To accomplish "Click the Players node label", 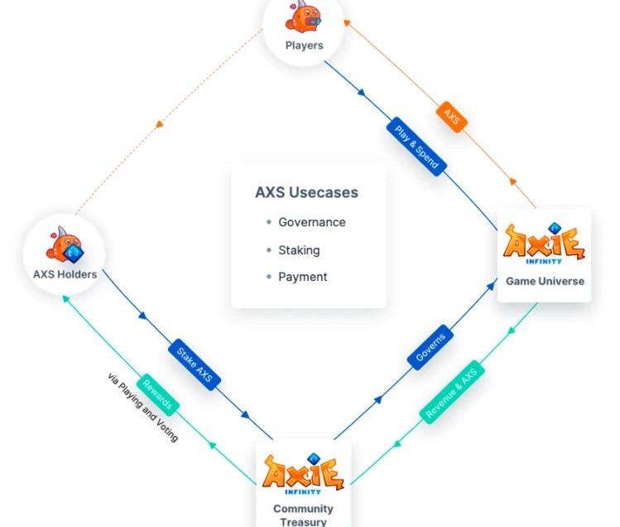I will pos(304,45).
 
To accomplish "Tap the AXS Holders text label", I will pos(65,274).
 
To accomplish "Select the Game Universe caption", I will pos(545,281).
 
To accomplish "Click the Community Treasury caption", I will pos(303,515).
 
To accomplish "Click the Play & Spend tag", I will pos(416,147).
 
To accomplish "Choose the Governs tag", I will pos(431,348).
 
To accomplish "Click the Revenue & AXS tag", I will pos(451,392).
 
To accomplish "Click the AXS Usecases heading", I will pos(306,192).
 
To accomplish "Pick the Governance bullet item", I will pos(311,222).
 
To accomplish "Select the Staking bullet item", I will pos(299,249).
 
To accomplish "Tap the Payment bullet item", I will pos(302,277).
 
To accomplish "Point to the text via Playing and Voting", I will pos(142,407).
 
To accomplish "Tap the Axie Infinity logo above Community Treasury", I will pos(303,473).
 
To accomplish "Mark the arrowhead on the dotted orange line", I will pos(159,124).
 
